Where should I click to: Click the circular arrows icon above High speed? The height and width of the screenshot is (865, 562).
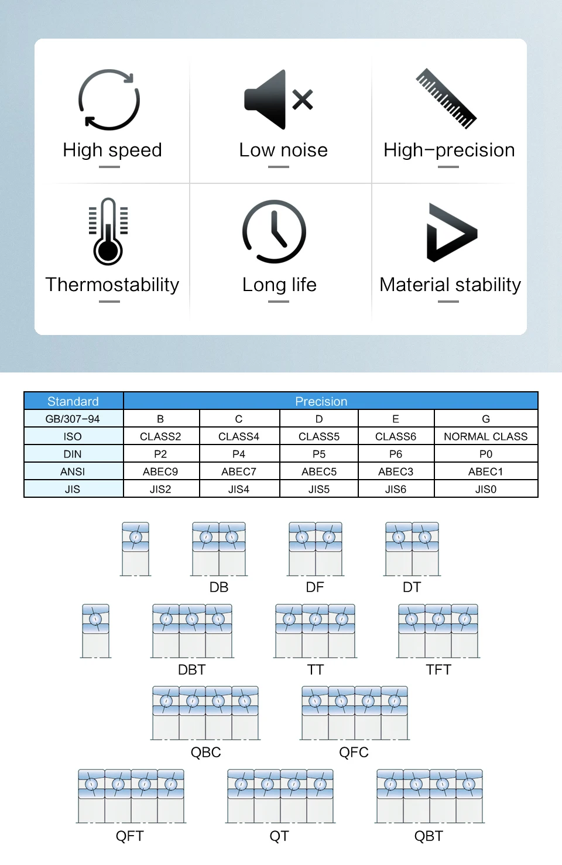109,100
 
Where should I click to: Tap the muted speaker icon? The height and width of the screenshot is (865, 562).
279,100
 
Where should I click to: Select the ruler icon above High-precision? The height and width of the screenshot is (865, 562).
447,98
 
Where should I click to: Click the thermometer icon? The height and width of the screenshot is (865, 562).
108,232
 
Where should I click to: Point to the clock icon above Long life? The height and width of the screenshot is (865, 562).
274,232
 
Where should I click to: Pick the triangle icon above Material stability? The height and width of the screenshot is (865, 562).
451,233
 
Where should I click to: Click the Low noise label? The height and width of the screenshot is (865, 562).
283,151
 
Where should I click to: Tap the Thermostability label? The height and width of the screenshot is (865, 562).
112,285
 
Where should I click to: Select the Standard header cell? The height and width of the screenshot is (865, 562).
73,401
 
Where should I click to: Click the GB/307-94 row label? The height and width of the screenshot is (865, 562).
73,419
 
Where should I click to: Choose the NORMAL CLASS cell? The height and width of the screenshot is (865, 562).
485,436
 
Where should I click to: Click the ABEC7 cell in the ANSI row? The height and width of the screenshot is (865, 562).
239,471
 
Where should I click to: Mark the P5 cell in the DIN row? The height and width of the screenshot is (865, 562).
319,454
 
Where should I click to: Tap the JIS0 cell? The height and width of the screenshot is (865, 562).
485,489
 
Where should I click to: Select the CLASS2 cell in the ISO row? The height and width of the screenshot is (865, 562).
160,436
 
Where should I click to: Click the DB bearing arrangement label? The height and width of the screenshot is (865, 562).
219,587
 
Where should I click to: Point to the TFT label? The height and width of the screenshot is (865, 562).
438,669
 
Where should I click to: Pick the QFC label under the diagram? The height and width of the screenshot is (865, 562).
354,752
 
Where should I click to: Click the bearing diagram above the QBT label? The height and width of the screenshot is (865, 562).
430,796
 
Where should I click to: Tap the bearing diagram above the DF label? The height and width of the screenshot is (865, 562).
316,549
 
